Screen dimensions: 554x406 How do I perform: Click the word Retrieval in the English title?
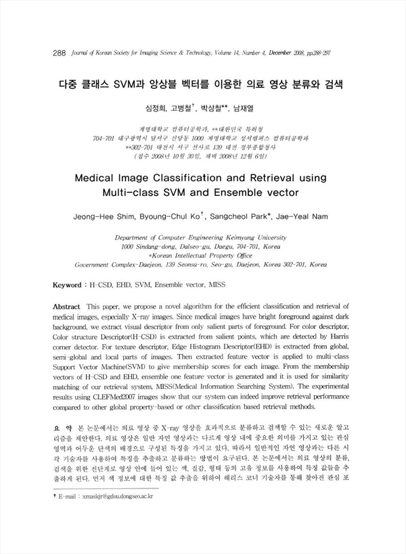[261, 178]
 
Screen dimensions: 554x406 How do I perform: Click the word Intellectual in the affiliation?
[187, 257]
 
